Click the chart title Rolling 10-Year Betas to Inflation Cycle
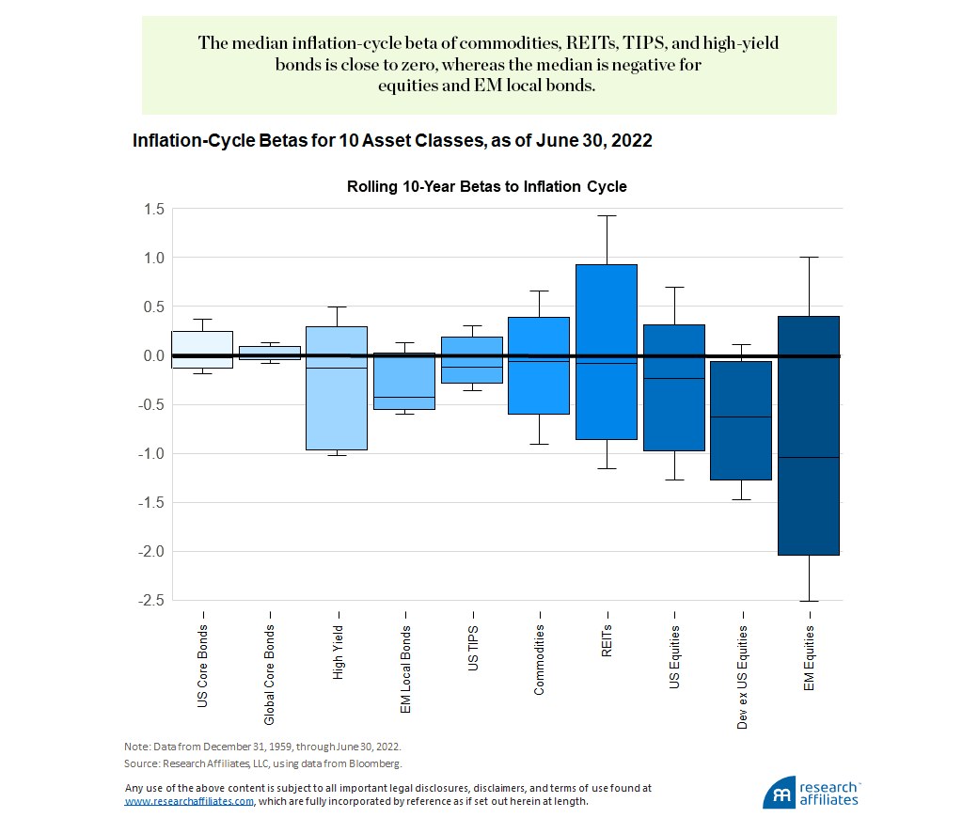(486, 187)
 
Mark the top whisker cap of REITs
(607, 215)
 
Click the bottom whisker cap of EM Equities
(809, 601)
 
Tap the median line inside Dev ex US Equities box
(741, 417)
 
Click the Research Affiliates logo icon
(780, 792)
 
